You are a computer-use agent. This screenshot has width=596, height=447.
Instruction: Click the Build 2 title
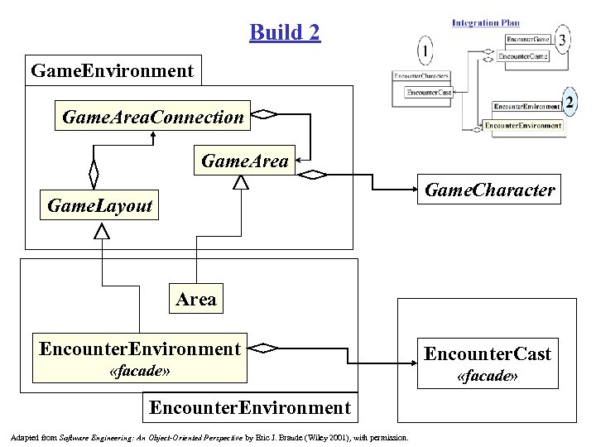pyautogui.click(x=284, y=32)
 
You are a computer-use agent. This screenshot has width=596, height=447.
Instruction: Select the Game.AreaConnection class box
pyautogui.click(x=153, y=117)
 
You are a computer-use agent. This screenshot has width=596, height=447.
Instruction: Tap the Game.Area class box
pyautogui.click(x=245, y=161)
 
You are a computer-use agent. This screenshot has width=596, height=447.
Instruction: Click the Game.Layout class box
pyautogui.click(x=100, y=205)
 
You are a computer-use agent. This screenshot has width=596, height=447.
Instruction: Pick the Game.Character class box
pyautogui.click(x=489, y=190)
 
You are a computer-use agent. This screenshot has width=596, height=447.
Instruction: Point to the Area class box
pyautogui.click(x=196, y=299)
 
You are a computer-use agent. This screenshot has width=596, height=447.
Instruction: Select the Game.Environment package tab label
pyautogui.click(x=113, y=70)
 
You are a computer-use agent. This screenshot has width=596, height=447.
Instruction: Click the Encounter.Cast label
pyautogui.click(x=488, y=353)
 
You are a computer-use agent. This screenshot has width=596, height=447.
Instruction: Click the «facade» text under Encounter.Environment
pyautogui.click(x=140, y=372)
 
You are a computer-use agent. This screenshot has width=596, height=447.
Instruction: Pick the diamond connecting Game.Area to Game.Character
pyautogui.click(x=314, y=175)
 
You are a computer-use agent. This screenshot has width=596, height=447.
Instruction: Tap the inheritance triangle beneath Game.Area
pyautogui.click(x=241, y=183)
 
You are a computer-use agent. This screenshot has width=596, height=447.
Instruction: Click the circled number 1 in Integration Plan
pyautogui.click(x=425, y=52)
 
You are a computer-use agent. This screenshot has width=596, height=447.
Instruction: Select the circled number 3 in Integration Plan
pyautogui.click(x=563, y=39)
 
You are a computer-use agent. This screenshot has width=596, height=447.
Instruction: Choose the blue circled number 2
pyautogui.click(x=569, y=103)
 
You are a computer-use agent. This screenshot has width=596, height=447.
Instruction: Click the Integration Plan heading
pyautogui.click(x=486, y=22)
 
